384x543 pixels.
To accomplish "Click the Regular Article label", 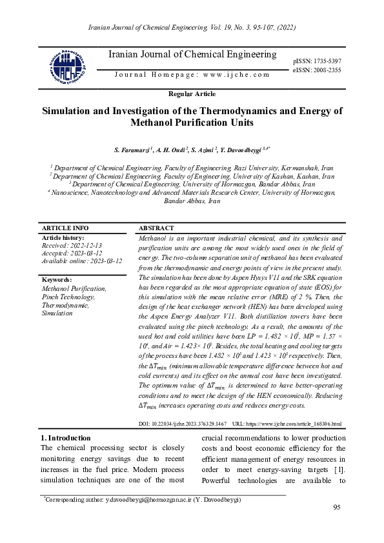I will tap(192, 94).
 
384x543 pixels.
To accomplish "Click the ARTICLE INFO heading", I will tap(65, 228).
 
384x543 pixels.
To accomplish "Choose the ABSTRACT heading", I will tap(156, 228).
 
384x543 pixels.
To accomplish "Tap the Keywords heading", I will tap(57, 280).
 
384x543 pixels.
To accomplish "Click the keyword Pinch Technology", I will tap(68, 297).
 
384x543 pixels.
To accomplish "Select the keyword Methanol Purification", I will tap(74, 289).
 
